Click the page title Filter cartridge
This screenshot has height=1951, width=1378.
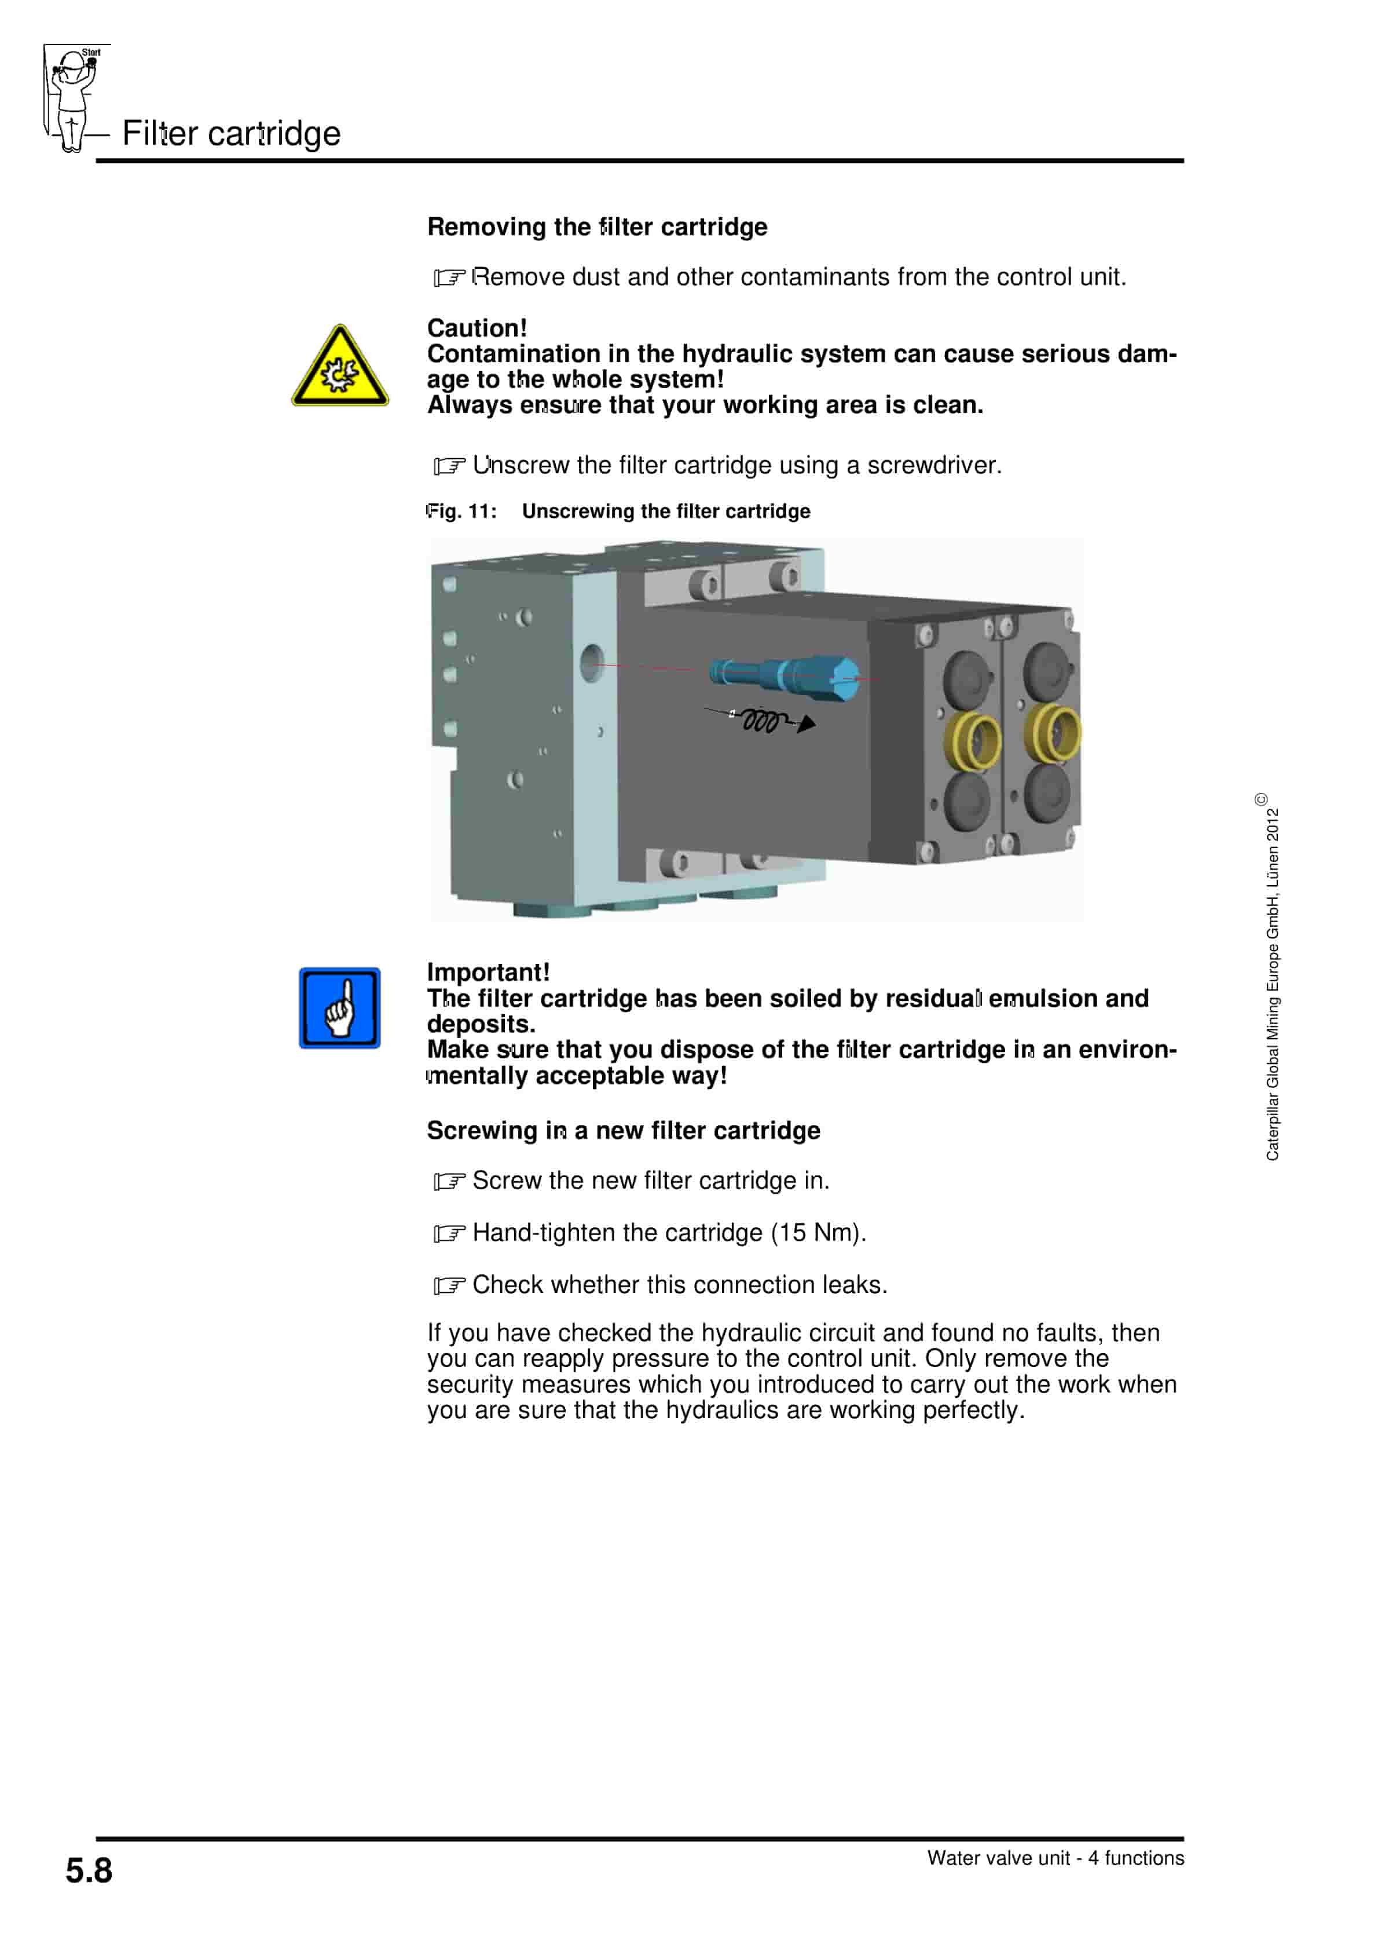(x=231, y=133)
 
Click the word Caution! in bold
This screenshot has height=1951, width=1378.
(x=477, y=328)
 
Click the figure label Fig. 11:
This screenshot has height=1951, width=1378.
(x=461, y=512)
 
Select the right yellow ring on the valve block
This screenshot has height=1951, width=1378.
(x=1053, y=732)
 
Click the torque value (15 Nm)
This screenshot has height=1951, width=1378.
(x=818, y=1233)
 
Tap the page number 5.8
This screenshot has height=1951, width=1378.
(x=89, y=1871)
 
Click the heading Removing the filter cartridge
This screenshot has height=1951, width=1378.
(x=596, y=227)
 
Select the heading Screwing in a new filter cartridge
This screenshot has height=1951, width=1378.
(x=623, y=1131)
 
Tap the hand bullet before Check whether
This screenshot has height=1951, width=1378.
(x=449, y=1285)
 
